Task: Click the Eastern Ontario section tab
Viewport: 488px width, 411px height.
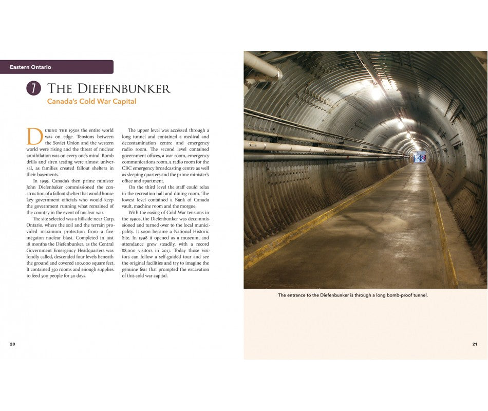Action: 31,67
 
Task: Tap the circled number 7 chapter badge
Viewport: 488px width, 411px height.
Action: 33,88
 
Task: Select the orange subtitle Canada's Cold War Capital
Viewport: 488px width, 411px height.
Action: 91,102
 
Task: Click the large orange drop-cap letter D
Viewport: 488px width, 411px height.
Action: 34,137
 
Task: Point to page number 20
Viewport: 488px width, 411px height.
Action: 12,344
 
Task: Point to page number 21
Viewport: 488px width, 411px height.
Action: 475,344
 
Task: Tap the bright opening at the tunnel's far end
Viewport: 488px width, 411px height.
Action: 420,157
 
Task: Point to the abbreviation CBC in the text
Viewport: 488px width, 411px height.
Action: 127,168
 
